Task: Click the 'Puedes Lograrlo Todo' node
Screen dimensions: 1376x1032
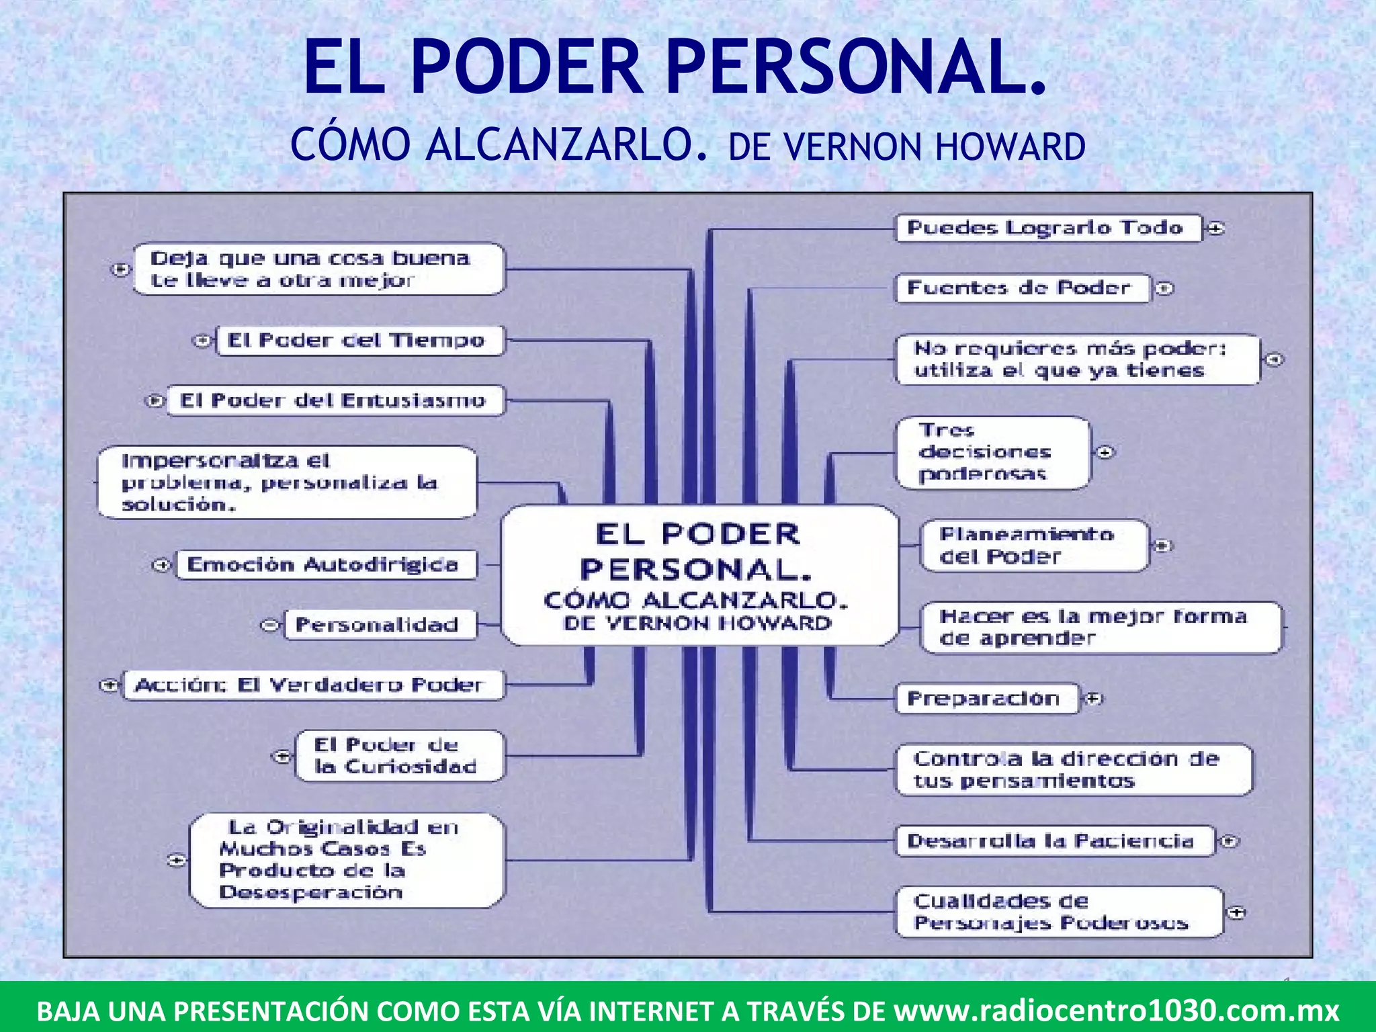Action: click(1048, 228)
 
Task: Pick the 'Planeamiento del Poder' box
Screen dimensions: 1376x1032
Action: click(1033, 546)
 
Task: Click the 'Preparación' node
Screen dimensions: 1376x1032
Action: click(986, 699)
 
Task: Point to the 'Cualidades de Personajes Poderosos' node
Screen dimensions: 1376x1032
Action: click(1058, 912)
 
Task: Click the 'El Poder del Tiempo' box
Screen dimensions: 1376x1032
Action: click(359, 340)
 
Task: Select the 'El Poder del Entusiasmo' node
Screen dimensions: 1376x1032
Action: click(335, 400)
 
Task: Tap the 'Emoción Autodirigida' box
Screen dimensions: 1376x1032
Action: click(326, 564)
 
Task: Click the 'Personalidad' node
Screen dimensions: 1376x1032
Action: click(380, 625)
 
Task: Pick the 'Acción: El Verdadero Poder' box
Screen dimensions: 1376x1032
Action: click(312, 685)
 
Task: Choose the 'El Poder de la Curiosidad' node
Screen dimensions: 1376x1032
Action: click(398, 756)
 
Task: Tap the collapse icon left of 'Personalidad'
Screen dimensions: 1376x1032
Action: click(269, 626)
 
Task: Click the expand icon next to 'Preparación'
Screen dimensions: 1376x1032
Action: click(1094, 699)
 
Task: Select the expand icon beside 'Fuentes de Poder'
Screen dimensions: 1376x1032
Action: click(1165, 289)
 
